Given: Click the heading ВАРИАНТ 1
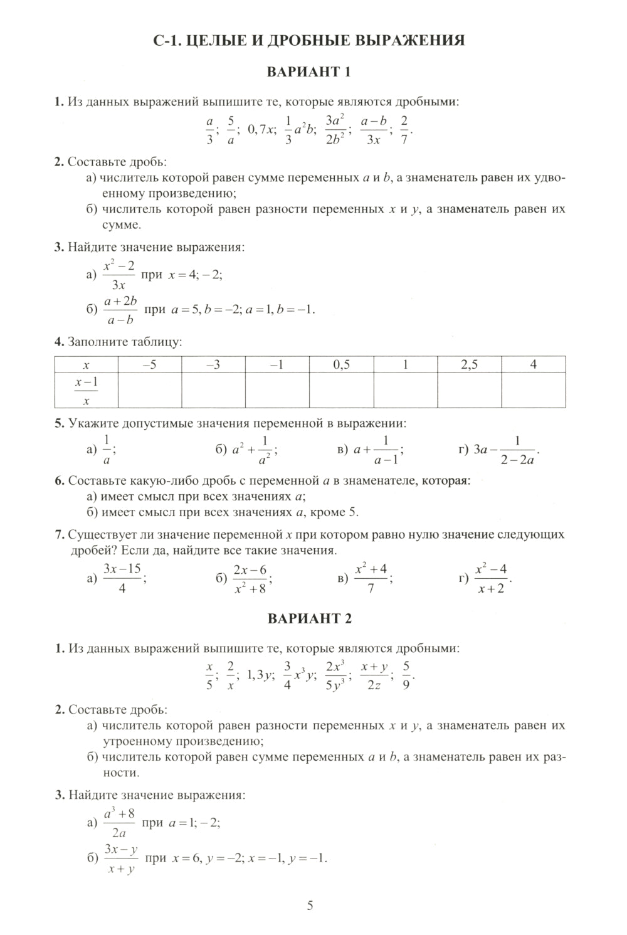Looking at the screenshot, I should click(310, 71).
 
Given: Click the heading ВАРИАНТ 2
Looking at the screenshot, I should click(310, 618).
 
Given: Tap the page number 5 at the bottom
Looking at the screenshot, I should click(310, 906).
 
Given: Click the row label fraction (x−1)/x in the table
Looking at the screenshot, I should click(87, 391).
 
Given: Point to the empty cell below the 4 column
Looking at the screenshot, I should click(534, 391).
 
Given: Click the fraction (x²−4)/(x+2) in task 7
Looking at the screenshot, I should click(491, 579).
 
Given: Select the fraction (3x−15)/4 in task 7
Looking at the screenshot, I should click(122, 579).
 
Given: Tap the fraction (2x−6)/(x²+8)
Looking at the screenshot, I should click(250, 579).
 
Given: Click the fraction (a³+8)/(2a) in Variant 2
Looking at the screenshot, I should click(119, 823).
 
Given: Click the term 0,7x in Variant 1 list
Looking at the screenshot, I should click(261, 130).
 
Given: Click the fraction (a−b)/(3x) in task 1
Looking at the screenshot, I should click(374, 130).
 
